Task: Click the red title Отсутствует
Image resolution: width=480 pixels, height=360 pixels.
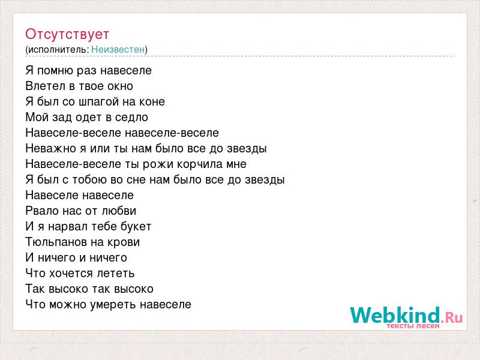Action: coord(67,35)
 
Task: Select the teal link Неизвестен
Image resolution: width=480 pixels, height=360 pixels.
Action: coord(118,50)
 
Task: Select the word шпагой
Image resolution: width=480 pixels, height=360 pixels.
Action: coord(98,102)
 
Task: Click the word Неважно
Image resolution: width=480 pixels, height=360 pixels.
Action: coord(51,148)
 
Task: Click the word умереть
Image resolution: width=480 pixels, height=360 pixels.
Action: coord(113,305)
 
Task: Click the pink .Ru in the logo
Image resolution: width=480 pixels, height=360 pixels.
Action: coord(452,317)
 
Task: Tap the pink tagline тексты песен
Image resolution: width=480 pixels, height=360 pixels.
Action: coord(413,326)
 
